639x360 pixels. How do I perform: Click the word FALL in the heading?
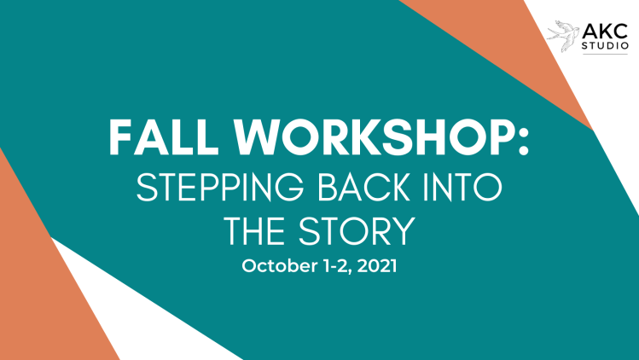click(x=164, y=137)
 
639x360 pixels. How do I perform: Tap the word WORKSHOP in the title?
click(x=372, y=137)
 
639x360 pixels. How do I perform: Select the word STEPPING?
click(x=220, y=187)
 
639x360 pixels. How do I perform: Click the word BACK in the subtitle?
click(x=363, y=187)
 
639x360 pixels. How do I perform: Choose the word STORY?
click(x=357, y=231)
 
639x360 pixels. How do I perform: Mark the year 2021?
click(x=379, y=266)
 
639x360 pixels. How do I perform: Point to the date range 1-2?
click(x=338, y=266)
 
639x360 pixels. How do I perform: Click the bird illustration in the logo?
click(x=563, y=36)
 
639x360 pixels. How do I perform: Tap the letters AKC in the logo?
click(x=605, y=31)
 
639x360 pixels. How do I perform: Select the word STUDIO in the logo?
click(x=605, y=46)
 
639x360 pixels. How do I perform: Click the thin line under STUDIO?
click(x=605, y=54)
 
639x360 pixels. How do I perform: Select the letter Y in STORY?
click(x=404, y=231)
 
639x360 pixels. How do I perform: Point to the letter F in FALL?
click(x=119, y=137)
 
